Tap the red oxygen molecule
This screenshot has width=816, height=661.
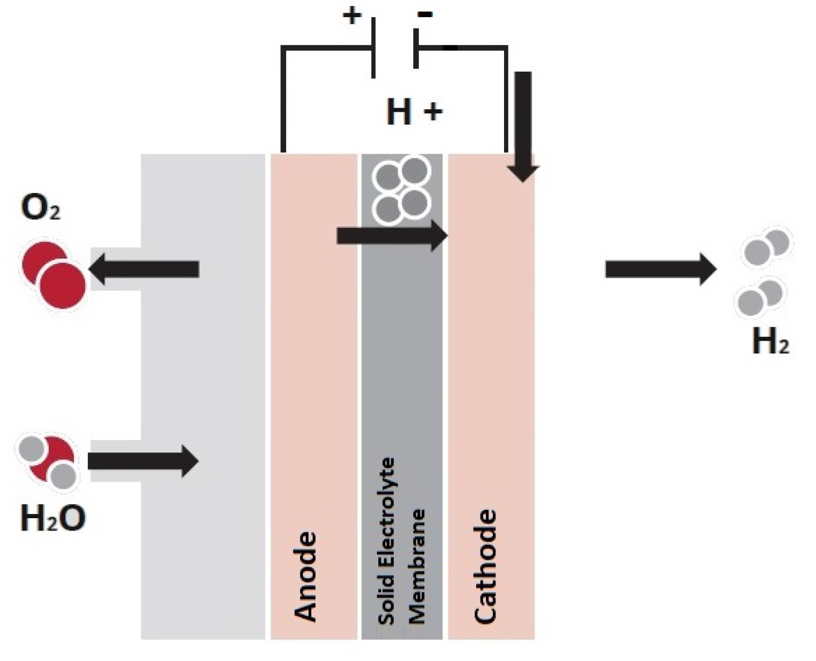pyautogui.click(x=54, y=274)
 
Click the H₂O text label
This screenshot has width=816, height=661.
pyautogui.click(x=52, y=518)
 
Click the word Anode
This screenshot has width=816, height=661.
pyautogui.click(x=306, y=576)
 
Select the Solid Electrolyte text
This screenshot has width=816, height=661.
pyautogui.click(x=386, y=541)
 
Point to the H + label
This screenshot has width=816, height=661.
pyautogui.click(x=414, y=112)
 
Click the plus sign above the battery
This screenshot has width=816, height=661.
pyautogui.click(x=352, y=16)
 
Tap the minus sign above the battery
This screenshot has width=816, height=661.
pyautogui.click(x=425, y=14)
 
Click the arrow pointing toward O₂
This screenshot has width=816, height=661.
pyautogui.click(x=144, y=269)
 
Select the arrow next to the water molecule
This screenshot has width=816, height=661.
pyautogui.click(x=142, y=461)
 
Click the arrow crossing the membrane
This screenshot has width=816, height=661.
pyautogui.click(x=391, y=235)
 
